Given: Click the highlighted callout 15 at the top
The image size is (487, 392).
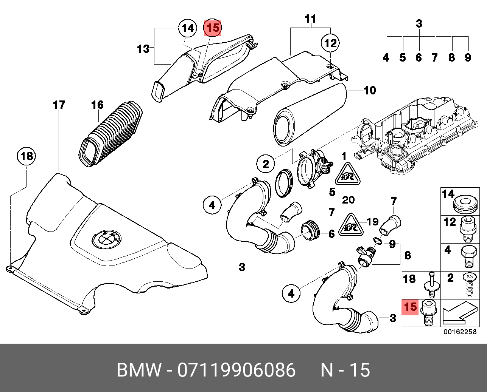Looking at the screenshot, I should [212, 28].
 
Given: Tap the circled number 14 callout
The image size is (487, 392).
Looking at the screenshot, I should [188, 28].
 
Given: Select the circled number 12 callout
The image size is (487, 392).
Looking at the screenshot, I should [330, 43].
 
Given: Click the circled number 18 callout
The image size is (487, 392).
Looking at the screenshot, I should [26, 156].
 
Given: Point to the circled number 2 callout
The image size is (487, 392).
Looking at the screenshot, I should [266, 164].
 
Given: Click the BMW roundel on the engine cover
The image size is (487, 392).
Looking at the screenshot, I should [106, 239].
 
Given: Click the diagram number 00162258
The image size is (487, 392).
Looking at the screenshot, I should [460, 332].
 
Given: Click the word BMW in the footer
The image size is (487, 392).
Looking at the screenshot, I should [139, 370].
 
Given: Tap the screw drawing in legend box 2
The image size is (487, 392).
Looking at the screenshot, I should [470, 285].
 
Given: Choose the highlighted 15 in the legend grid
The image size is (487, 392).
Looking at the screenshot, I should [410, 306].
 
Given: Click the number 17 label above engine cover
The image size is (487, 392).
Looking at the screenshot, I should [59, 105].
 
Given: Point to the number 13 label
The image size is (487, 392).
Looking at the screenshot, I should [143, 49].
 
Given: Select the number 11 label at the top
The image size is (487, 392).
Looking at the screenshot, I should [310, 19].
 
